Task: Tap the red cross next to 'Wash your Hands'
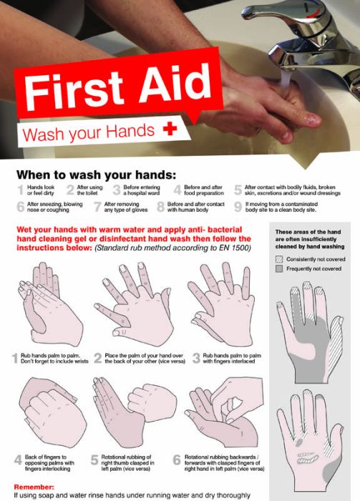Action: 170,130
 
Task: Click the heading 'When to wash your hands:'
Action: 96,175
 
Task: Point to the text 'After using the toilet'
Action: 89,190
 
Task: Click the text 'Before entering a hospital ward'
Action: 142,190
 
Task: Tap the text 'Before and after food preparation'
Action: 203,190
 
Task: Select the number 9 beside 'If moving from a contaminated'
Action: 238,207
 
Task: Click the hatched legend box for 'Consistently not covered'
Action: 280,258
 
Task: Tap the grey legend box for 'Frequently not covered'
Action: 280,268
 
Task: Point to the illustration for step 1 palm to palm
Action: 47,304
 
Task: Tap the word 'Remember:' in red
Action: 33,486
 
